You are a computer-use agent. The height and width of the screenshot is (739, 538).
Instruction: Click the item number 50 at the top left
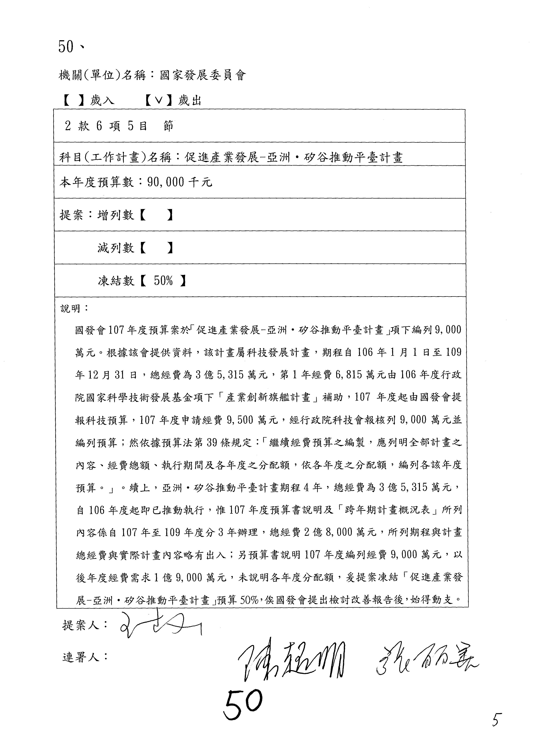(66, 47)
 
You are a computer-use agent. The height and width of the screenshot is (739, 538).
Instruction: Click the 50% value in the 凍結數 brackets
(163, 281)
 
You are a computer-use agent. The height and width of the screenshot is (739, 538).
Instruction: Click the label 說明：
(74, 308)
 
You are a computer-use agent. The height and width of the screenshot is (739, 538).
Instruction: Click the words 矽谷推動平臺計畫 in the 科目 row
(353, 158)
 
